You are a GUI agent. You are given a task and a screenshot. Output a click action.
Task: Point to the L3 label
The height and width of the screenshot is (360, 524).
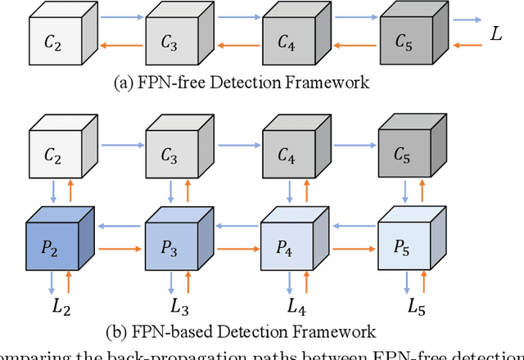coord(178,307)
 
